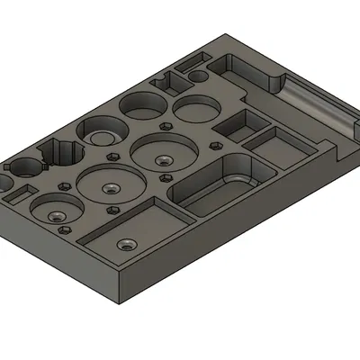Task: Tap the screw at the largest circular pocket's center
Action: (162, 159)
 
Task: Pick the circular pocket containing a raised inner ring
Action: (100, 136)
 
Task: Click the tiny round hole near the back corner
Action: (196, 77)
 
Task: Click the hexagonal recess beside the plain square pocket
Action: (215, 140)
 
